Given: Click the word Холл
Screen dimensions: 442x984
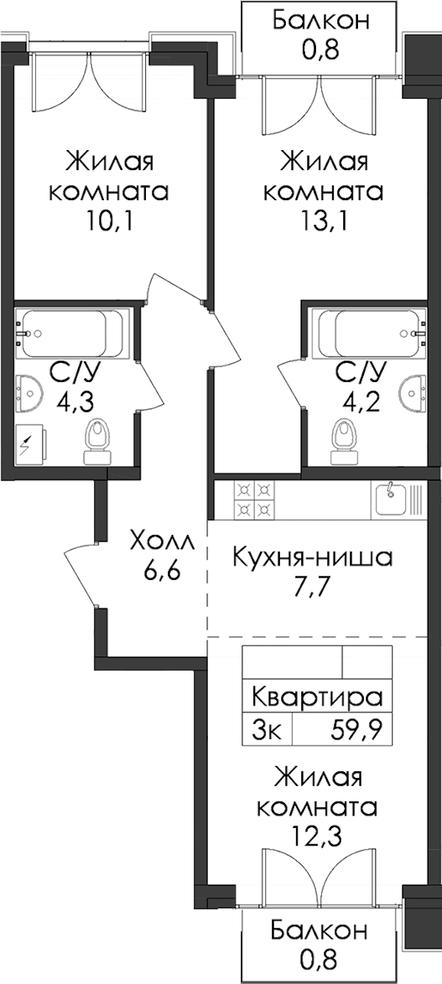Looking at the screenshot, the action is pyautogui.click(x=161, y=542).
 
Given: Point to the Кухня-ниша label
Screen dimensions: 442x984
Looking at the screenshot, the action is pyautogui.click(x=312, y=557).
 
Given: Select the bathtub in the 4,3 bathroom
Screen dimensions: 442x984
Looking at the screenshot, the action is pyautogui.click(x=71, y=334).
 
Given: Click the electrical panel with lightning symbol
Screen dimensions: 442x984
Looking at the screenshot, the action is pyautogui.click(x=29, y=445).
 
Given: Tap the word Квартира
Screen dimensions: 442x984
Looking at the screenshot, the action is pyautogui.click(x=318, y=698).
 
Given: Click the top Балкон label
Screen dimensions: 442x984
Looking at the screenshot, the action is pyautogui.click(x=320, y=21).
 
